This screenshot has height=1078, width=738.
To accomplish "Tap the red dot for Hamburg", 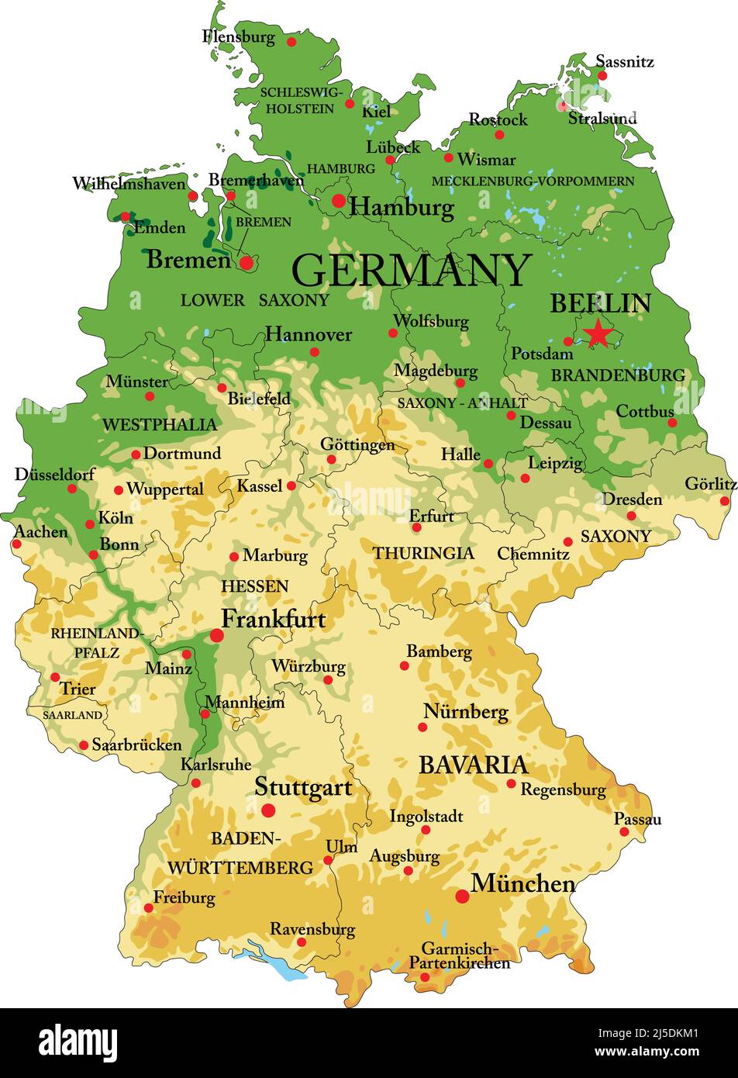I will [x=339, y=201].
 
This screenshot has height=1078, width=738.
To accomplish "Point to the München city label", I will [x=523, y=883].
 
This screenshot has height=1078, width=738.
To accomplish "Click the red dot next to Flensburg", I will [x=291, y=42].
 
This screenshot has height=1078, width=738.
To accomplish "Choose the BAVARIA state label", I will [x=473, y=765].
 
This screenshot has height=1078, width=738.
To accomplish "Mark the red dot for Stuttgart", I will [x=268, y=810].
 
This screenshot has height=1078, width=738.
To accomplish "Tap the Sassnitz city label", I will [x=624, y=60].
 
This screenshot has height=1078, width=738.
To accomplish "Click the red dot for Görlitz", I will [x=725, y=501].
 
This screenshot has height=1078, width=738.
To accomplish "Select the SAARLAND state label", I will [x=72, y=715].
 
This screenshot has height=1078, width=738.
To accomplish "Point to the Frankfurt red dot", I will [x=216, y=636].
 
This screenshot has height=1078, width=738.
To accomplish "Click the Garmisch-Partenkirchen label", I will [x=460, y=955].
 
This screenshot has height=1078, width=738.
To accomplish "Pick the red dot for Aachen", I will [x=16, y=544].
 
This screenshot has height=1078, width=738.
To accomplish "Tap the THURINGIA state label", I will [x=423, y=553].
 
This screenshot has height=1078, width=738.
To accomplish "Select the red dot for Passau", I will [x=624, y=832].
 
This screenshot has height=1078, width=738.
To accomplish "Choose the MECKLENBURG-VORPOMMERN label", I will [x=533, y=181].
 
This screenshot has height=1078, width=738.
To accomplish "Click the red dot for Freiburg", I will [x=148, y=908].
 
